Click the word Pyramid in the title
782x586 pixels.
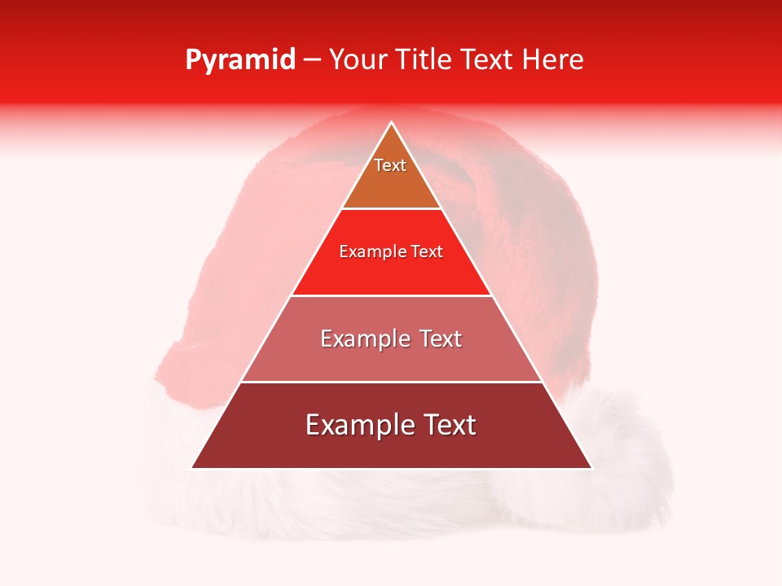(x=239, y=60)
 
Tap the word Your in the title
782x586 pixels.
(x=358, y=59)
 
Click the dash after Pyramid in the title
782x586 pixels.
(x=311, y=60)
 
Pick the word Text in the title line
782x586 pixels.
(x=488, y=59)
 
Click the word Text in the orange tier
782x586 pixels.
(x=390, y=165)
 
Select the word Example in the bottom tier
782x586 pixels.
(x=359, y=425)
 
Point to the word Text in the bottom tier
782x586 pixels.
(x=447, y=425)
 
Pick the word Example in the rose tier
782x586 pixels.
(x=364, y=339)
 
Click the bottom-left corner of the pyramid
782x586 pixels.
(x=192, y=467)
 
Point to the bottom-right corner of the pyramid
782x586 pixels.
(x=591, y=467)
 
